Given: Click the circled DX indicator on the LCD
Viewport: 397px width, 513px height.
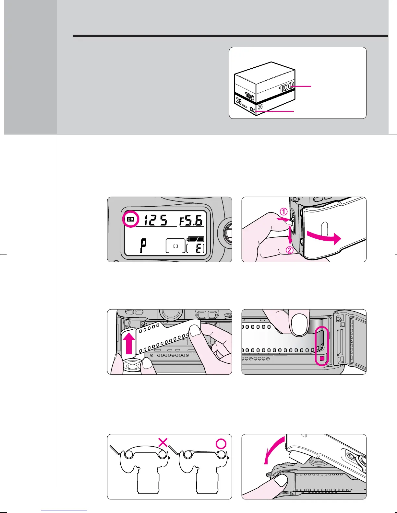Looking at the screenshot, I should coord(130,219).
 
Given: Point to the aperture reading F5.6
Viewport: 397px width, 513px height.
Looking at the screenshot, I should coord(192,221).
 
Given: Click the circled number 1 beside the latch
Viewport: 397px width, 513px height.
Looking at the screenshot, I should coord(284,212).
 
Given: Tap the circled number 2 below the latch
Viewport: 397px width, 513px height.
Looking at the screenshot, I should coord(289,250).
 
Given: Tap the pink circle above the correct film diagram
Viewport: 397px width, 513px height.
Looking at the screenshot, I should coord(221,444).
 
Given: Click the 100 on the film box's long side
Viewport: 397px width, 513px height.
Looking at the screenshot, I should coord(286,87).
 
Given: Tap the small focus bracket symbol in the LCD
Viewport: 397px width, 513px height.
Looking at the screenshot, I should coord(175,246).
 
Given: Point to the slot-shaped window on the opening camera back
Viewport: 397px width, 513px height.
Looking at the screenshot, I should coord(322,228).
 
